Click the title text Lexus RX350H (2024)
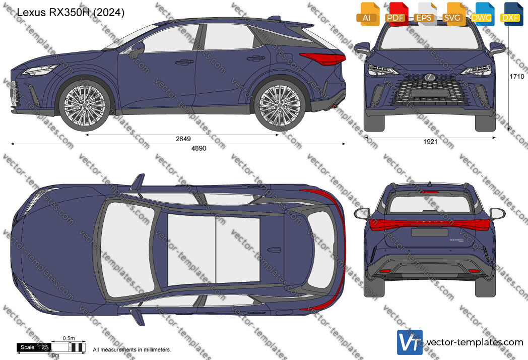pos(71,13)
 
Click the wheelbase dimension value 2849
pos(183,139)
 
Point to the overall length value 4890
pos(199,148)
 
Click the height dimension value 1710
pos(517,77)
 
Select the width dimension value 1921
pos(430,142)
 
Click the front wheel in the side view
pos(85,105)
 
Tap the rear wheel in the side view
pos(280,105)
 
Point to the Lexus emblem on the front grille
pos(429,78)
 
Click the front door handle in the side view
pos(184,62)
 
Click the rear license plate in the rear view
pos(430,232)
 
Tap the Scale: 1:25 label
pos(34,347)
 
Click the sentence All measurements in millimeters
pos(132,350)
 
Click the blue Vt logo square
pos(410,342)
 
